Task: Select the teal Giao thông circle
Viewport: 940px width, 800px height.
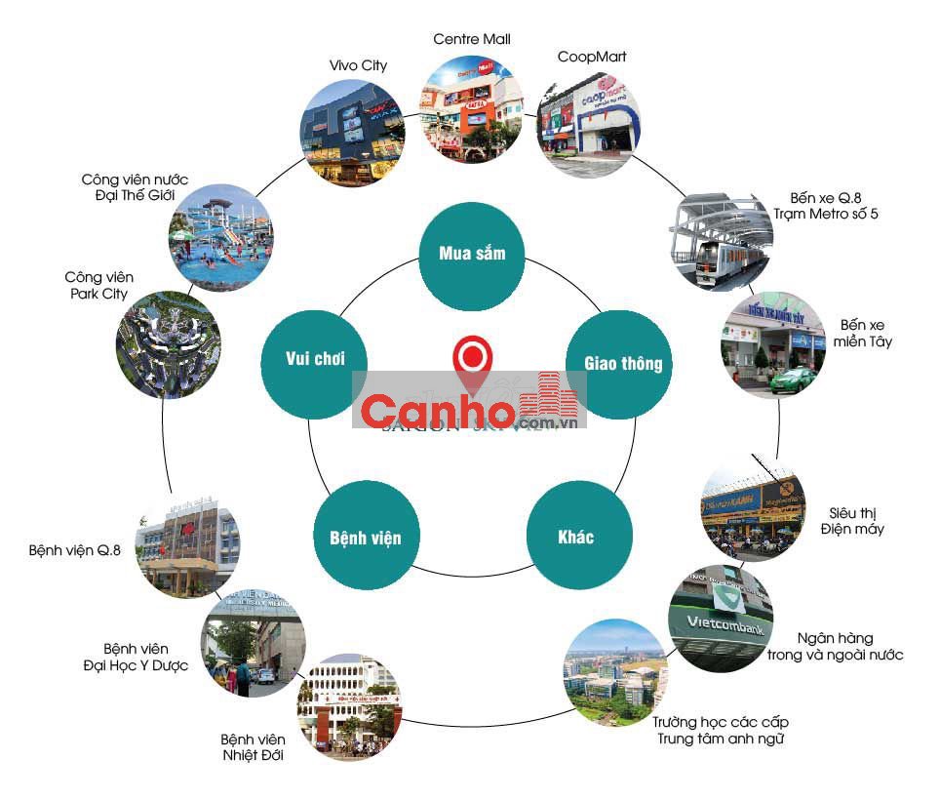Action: pyautogui.click(x=622, y=364)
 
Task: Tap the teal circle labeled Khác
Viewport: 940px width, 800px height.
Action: pyautogui.click(x=575, y=537)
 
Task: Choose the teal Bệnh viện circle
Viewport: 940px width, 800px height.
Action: pyautogui.click(x=358, y=537)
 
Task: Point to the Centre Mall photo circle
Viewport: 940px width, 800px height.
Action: pyautogui.click(x=472, y=108)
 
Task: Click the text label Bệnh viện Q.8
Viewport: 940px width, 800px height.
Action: pyautogui.click(x=74, y=550)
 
